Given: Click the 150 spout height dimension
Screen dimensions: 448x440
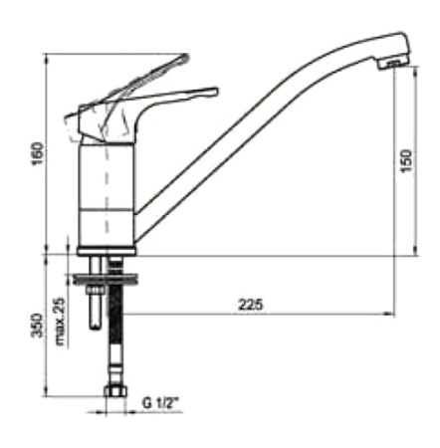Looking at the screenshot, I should tap(406, 161).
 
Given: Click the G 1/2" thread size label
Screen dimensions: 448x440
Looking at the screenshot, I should tap(158, 403).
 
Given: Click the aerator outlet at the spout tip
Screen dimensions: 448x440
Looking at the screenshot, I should tap(394, 66).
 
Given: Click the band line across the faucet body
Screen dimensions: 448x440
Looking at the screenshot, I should tap(106, 211).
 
